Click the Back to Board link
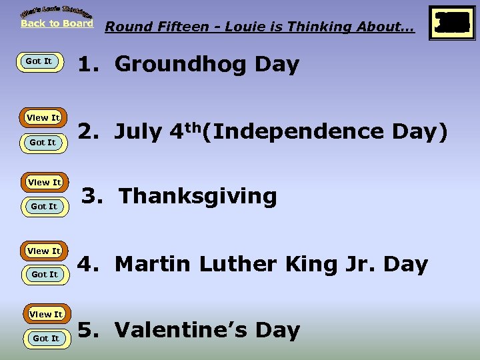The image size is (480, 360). pos(57,23)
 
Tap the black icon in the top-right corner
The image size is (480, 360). pos(452,24)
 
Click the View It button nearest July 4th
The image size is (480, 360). pos(43,118)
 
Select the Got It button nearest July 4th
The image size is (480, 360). pos(43,143)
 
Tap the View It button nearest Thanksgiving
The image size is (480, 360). pos(44,182)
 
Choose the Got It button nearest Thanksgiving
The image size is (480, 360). pos(44,207)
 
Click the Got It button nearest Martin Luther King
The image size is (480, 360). pos(45,275)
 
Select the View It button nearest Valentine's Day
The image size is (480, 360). pos(45,314)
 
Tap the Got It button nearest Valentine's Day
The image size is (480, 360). pos(46,339)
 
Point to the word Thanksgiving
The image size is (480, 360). pos(197,197)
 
